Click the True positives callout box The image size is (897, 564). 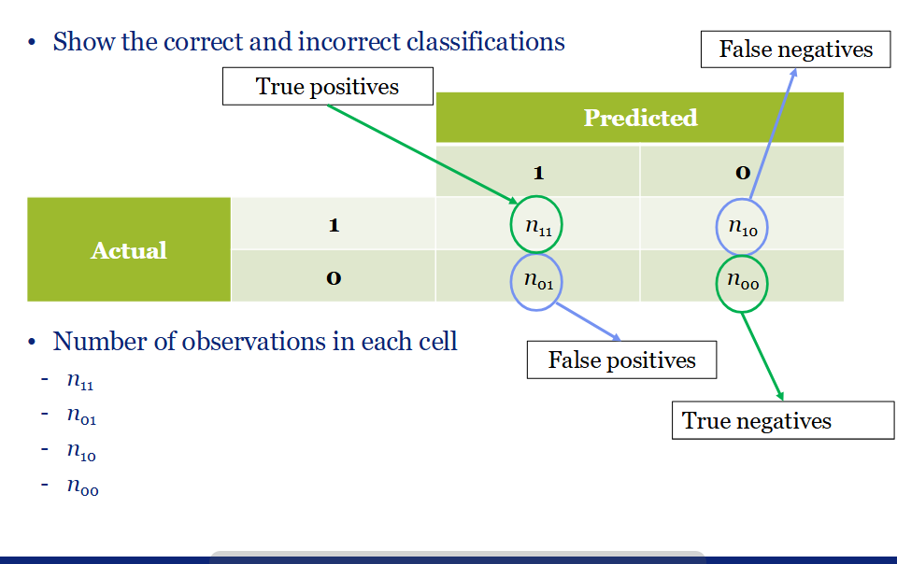point(327,87)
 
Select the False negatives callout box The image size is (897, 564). point(795,49)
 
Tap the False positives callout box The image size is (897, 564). point(621,360)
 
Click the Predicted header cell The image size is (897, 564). point(640,118)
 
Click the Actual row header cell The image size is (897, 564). point(129,249)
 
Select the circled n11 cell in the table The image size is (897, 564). point(538,224)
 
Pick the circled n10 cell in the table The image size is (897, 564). point(742,225)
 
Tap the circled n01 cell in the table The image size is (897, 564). point(537,281)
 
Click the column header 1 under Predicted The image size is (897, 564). point(538,172)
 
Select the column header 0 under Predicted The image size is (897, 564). point(742,172)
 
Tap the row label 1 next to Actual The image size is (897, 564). point(334,224)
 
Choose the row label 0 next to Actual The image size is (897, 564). point(334,276)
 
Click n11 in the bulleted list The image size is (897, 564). point(80,383)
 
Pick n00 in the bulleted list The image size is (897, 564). point(82,488)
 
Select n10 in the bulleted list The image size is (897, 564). point(81,453)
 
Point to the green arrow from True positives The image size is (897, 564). point(420,153)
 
